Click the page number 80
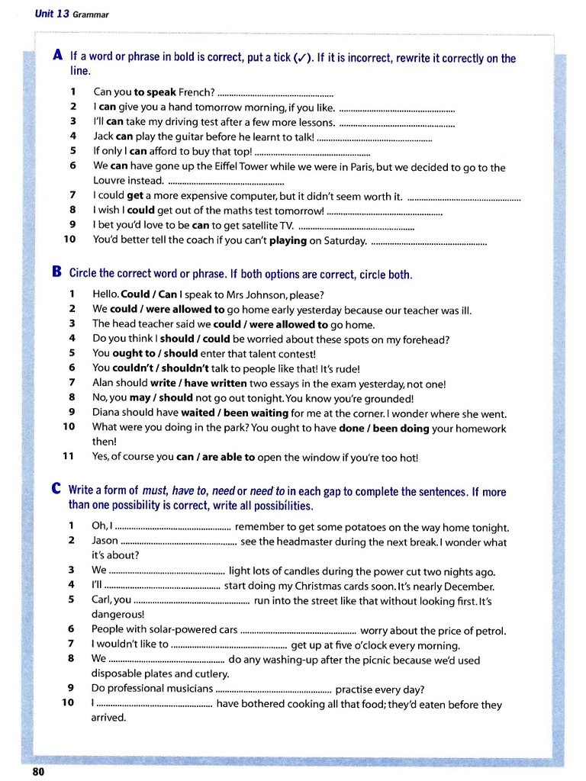point(38,771)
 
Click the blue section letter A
point(58,56)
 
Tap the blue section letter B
point(57,272)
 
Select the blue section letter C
point(57,490)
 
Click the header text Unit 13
point(52,14)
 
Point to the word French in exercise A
point(196,93)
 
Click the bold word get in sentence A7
point(135,196)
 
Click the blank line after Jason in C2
point(179,542)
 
